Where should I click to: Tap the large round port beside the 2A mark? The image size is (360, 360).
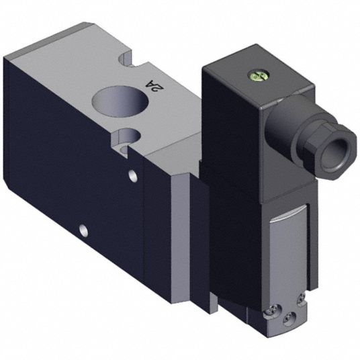120,101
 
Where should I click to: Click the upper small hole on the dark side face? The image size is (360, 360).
132,175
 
